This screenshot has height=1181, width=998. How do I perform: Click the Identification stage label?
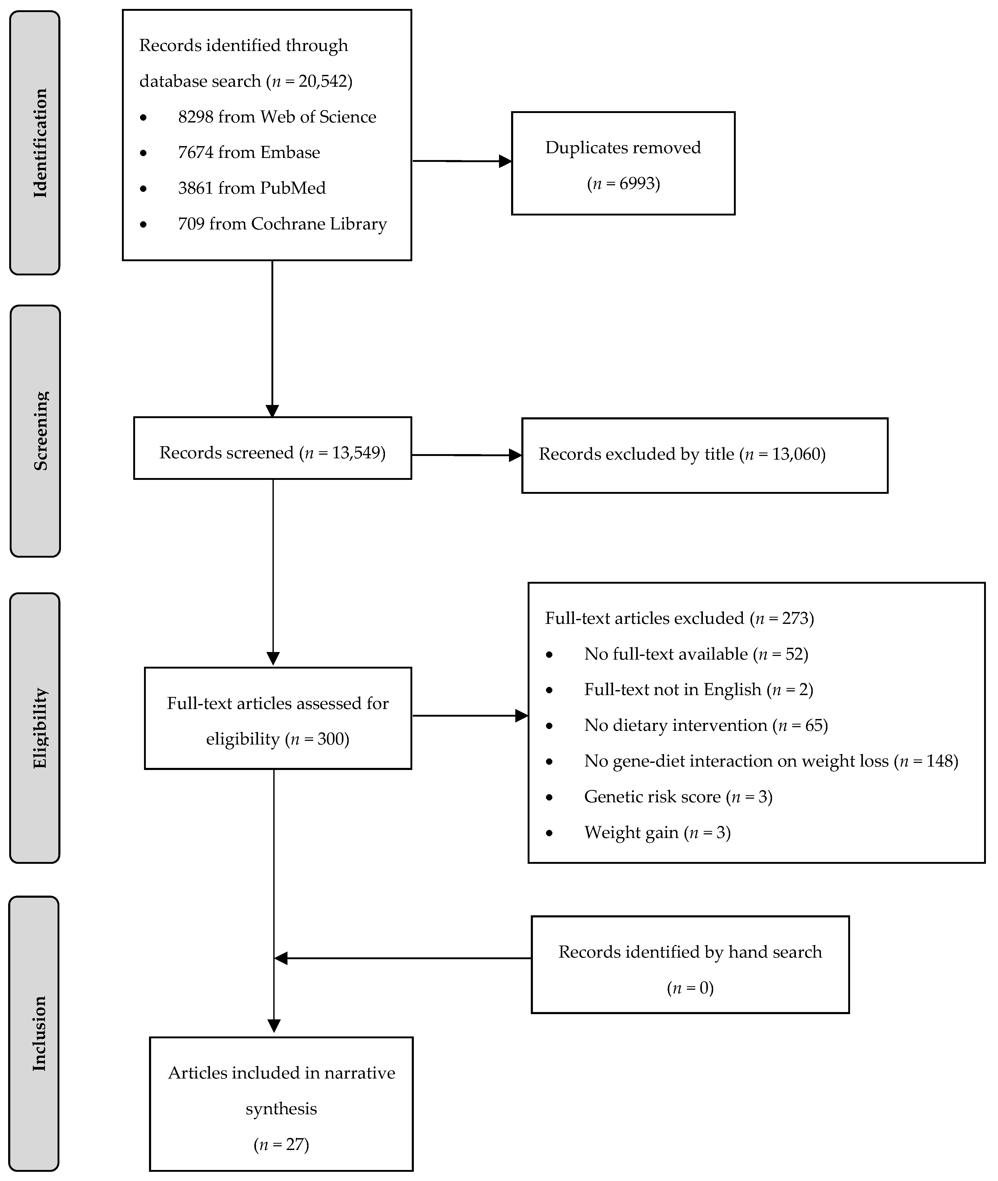click(40, 143)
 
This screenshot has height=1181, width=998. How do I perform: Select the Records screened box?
click(272, 453)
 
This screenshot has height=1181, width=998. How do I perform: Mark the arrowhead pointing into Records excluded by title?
click(515, 455)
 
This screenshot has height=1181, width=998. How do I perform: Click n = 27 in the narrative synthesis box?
click(281, 1144)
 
